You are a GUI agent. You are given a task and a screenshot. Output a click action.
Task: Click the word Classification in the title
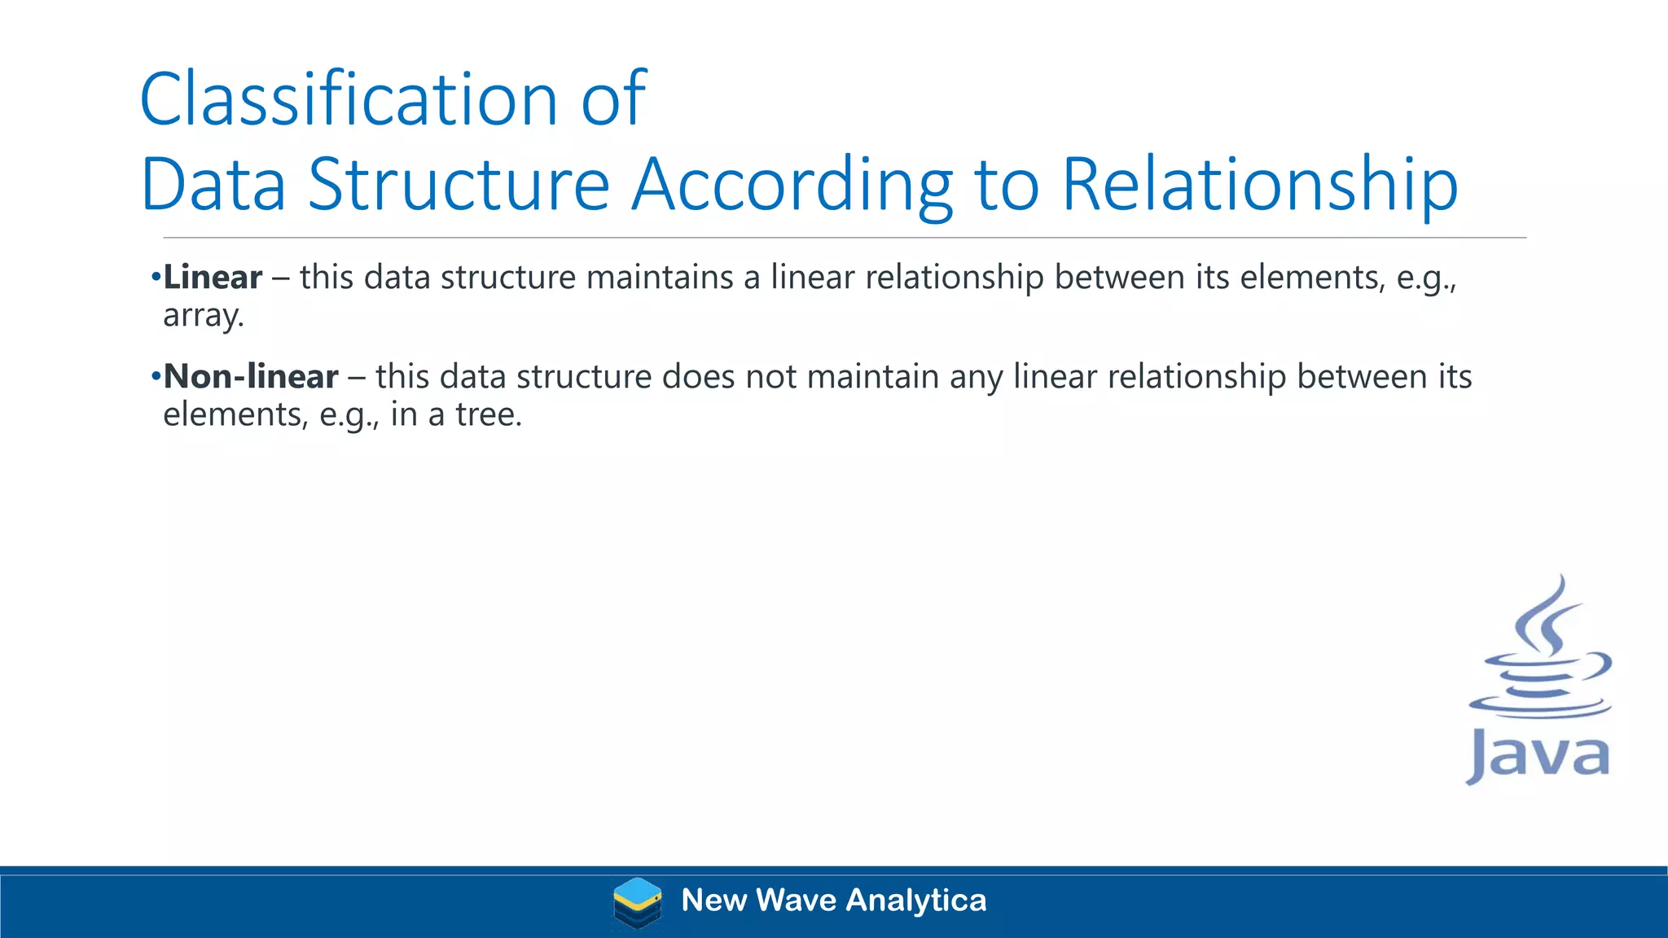349,100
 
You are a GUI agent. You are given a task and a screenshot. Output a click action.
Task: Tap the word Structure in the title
459,185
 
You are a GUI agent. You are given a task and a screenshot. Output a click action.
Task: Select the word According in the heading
792,185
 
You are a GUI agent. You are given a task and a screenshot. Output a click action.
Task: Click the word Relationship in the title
1259,185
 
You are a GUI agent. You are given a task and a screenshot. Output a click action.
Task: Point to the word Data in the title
213,185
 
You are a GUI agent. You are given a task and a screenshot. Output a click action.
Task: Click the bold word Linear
213,278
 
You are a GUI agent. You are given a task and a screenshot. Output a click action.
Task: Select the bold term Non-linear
251,377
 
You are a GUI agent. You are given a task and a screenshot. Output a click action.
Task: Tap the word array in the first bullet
202,316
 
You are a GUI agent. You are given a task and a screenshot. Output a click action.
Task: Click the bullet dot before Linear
156,278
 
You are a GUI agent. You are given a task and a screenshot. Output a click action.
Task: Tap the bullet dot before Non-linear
156,377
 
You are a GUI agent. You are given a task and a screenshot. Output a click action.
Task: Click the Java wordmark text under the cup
1539,756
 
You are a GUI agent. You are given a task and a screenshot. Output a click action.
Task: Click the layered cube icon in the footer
637,902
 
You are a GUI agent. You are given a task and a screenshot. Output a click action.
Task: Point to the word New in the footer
713,901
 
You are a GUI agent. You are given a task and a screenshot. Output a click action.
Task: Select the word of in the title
613,100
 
